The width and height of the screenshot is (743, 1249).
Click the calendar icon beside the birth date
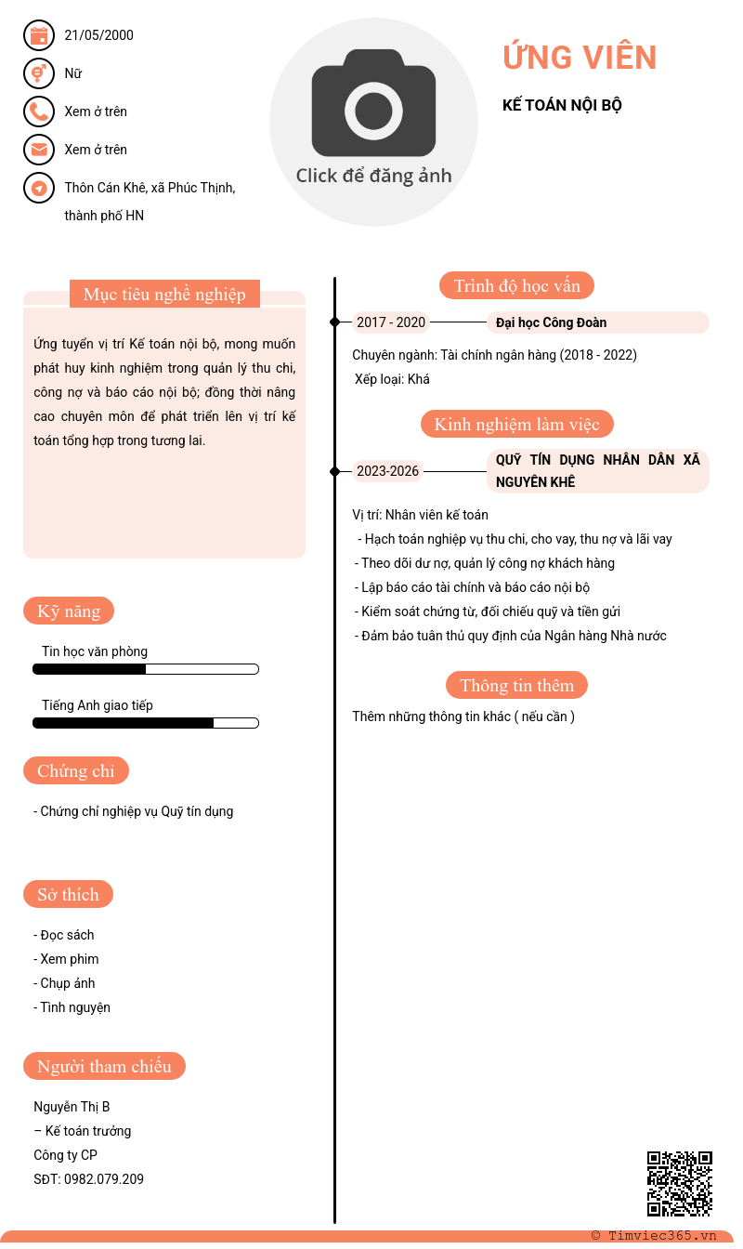point(39,36)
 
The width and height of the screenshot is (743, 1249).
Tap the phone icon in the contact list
point(39,112)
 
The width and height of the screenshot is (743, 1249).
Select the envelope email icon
point(39,150)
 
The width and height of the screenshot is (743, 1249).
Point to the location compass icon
point(39,188)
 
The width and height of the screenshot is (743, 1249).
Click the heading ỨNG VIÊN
point(580,58)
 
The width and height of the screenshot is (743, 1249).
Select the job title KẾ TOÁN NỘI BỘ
point(562,105)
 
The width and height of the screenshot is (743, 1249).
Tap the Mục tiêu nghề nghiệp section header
point(164,295)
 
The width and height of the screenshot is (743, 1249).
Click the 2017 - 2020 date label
point(391,322)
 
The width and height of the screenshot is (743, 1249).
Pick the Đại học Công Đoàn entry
point(552,322)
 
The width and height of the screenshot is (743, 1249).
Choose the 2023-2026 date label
point(388,471)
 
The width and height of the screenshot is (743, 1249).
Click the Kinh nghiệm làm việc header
point(516,425)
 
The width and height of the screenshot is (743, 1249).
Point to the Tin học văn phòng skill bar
point(146,669)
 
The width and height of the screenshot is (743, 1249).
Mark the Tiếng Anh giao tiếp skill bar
point(146,723)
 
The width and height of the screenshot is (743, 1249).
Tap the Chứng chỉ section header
point(76,770)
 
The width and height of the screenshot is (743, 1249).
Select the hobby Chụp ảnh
point(67,983)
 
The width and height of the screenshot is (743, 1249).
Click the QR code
point(679,1183)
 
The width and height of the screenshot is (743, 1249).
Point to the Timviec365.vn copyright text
point(654,1235)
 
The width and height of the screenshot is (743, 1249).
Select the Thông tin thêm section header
point(516,686)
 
